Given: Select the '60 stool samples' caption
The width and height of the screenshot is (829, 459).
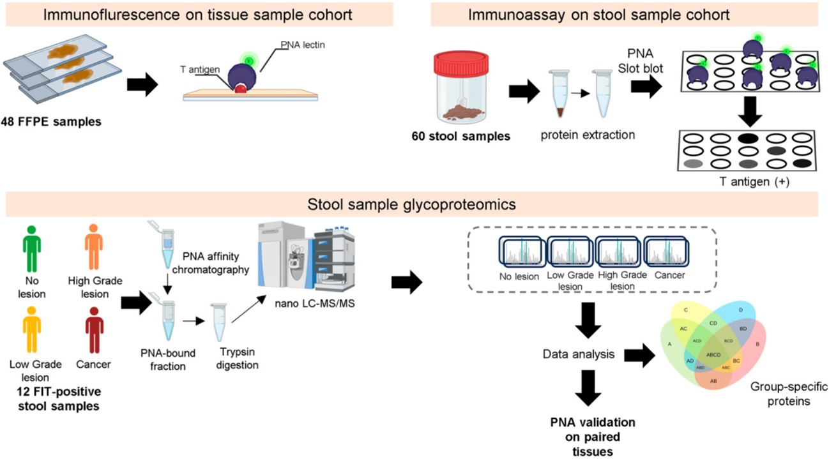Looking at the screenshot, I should pos(466,135).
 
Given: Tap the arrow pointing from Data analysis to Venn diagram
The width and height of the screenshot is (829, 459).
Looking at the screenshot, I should pos(642,355).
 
